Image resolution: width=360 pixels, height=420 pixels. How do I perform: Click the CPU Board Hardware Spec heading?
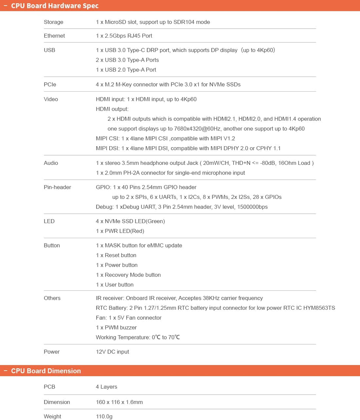click(x=55, y=6)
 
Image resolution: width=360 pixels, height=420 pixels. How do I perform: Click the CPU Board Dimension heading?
click(x=46, y=371)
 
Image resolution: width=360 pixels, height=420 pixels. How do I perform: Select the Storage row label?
click(x=53, y=22)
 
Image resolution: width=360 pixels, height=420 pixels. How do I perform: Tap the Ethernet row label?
click(x=54, y=36)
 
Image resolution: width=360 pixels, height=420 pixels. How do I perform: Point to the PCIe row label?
click(x=50, y=84)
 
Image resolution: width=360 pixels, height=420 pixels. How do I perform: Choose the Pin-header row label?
click(x=57, y=187)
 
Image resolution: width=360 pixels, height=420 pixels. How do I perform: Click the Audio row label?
click(x=51, y=163)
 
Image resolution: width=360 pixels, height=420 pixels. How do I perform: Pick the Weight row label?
click(x=52, y=416)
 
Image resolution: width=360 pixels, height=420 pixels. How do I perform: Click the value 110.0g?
click(x=104, y=416)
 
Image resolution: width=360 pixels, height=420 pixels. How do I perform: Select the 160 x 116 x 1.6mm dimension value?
click(x=119, y=402)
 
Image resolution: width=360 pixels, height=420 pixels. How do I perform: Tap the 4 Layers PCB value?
click(x=106, y=387)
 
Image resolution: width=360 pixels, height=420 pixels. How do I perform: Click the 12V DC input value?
click(x=112, y=352)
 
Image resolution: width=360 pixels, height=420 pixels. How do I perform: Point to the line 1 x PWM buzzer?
click(x=116, y=327)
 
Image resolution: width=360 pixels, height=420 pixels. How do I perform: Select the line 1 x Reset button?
click(x=116, y=255)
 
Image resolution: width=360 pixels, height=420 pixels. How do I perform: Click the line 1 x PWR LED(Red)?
click(x=120, y=231)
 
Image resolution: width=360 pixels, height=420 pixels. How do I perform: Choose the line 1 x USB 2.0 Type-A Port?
click(x=126, y=70)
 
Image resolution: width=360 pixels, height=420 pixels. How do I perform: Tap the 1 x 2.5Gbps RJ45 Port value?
click(x=124, y=36)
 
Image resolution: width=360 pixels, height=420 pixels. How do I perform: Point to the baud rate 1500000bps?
click(x=252, y=207)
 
